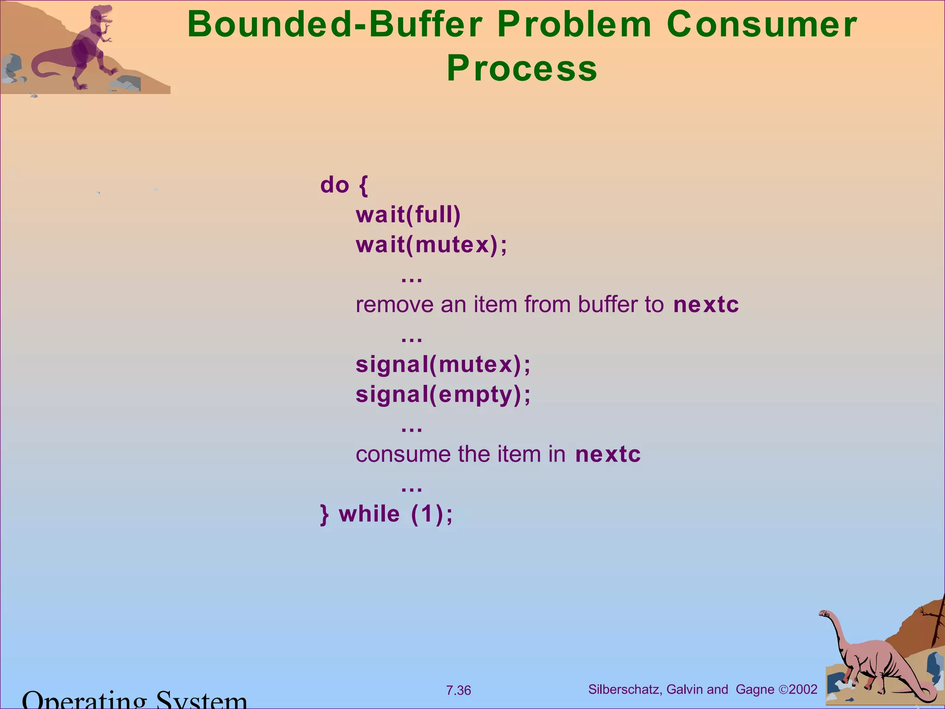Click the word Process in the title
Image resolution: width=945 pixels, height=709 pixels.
[x=522, y=68]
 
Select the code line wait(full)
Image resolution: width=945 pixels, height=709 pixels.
[x=408, y=215]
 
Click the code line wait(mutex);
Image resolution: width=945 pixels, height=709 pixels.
[x=431, y=245]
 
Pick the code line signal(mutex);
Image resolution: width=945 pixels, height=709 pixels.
[x=443, y=365]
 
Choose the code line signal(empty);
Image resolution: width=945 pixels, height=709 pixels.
[x=443, y=395]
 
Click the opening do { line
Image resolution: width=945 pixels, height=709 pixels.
[x=344, y=185]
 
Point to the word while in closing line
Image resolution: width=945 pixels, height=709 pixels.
[x=369, y=514]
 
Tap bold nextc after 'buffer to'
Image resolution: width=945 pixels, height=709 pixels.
[x=706, y=305]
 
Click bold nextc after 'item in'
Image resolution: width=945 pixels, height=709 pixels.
[x=608, y=454]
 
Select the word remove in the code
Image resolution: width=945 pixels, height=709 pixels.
[x=395, y=305]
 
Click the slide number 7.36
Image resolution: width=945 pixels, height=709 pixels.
[x=458, y=691]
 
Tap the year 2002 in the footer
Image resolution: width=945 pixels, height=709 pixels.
[x=803, y=690]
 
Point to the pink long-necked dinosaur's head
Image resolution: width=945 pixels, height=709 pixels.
[x=824, y=613]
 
